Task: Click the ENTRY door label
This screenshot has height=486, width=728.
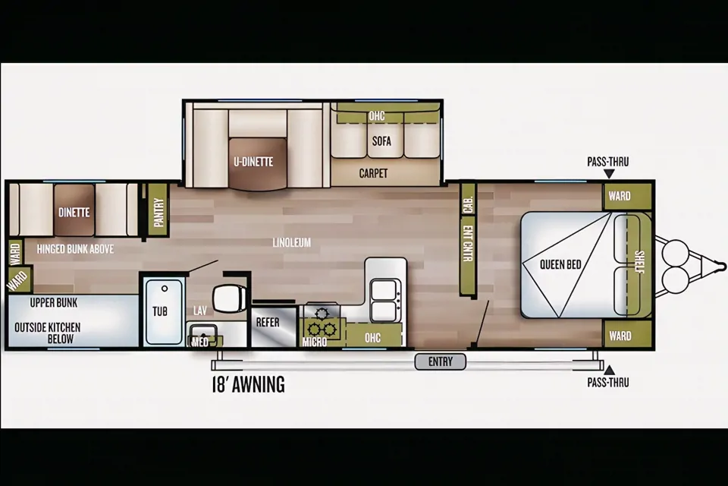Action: coord(440,361)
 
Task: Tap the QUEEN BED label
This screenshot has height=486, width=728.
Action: coord(560,264)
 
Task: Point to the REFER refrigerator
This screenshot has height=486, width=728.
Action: coord(274,327)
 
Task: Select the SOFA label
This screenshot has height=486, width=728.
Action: coord(381,141)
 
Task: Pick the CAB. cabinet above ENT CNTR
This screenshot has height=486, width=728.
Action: coord(468,199)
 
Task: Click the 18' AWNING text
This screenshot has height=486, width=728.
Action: coord(249,385)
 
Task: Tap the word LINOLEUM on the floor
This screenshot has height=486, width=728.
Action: coord(291,242)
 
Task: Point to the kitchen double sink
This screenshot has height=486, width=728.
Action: coord(385,299)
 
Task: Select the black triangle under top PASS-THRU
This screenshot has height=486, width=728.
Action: coord(609,173)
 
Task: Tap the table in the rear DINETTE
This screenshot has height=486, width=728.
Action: coord(74,210)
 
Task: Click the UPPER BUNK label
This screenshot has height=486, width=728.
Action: coord(54,303)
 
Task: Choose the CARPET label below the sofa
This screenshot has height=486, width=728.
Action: coord(373,173)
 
